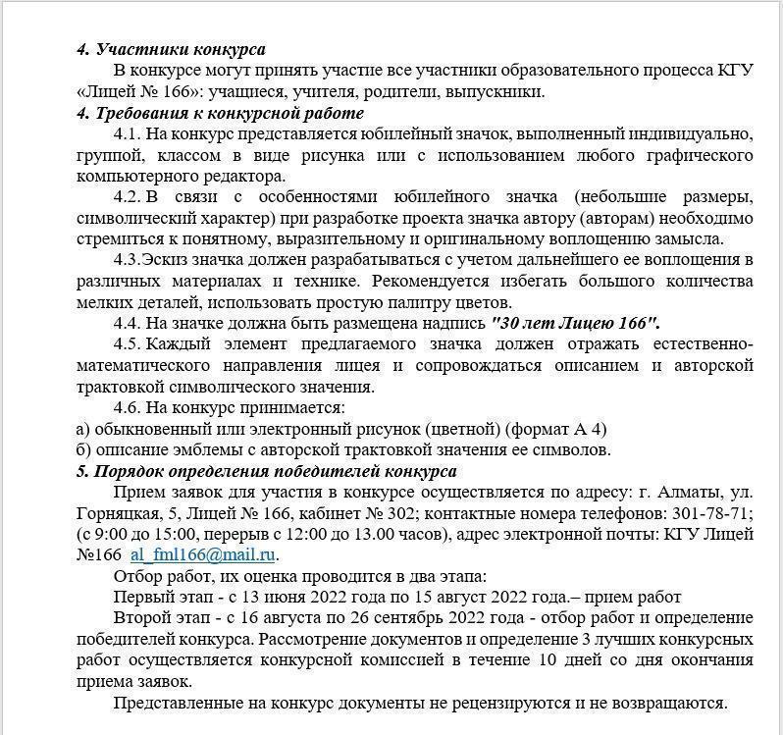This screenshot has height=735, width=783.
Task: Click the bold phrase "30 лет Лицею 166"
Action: point(575,323)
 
